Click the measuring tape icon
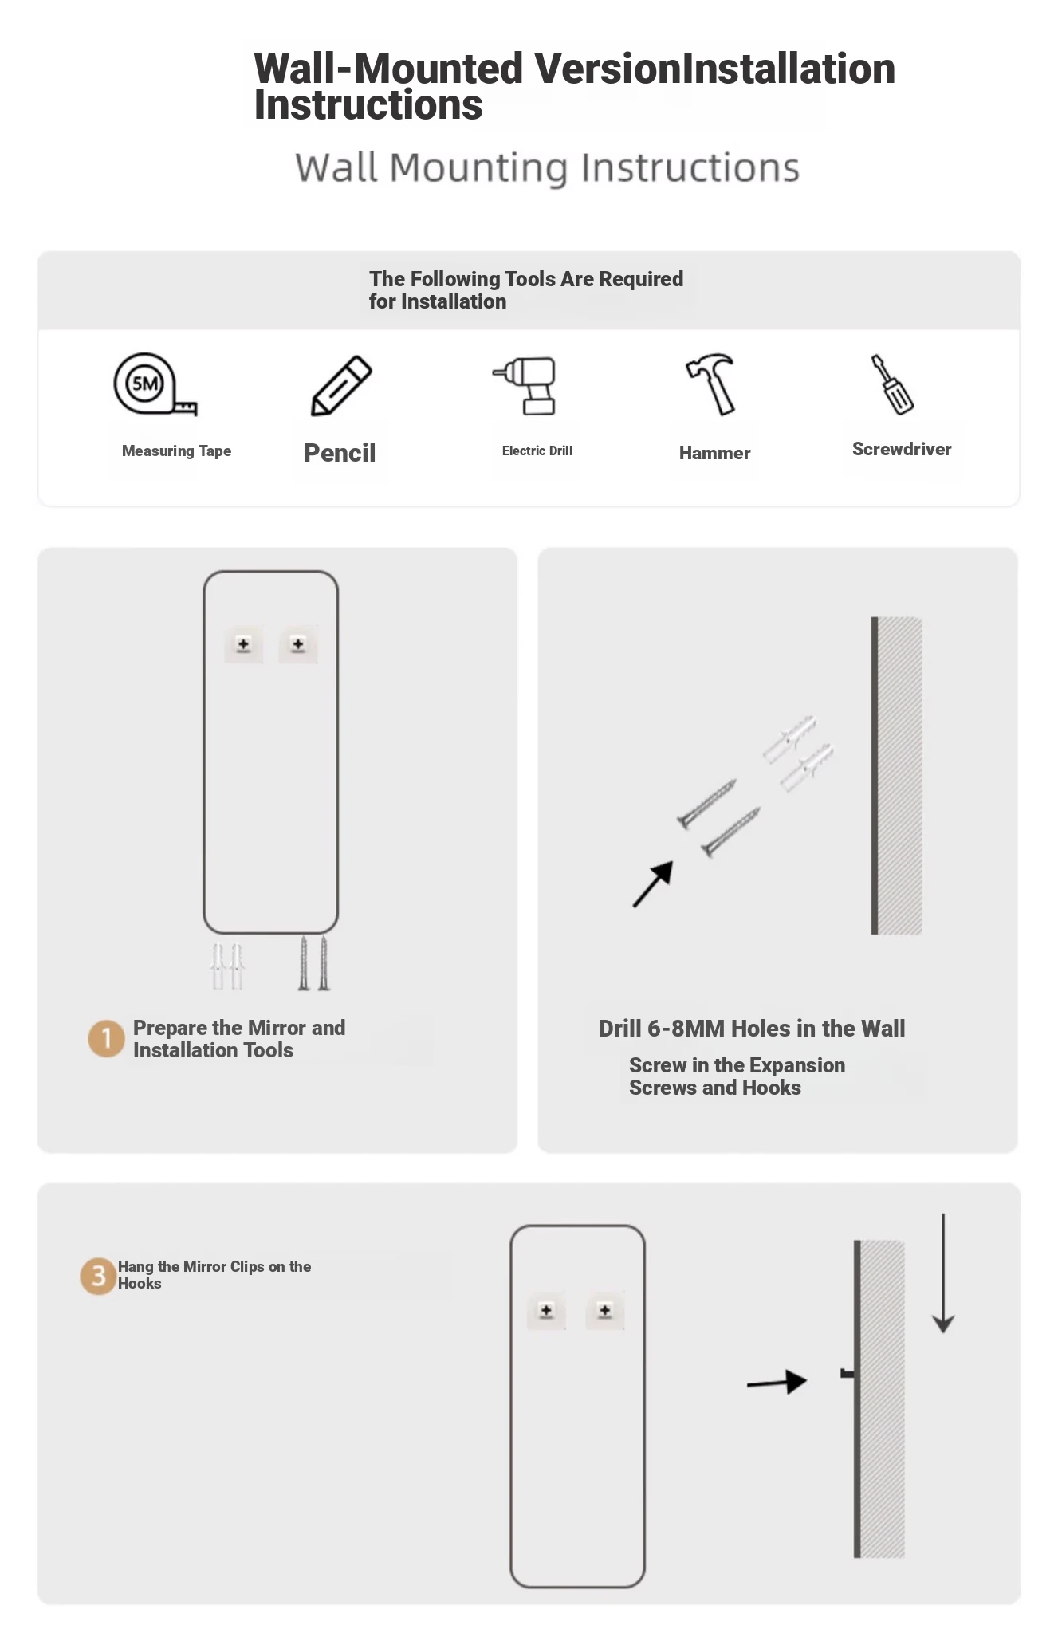click(x=154, y=385)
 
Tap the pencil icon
click(x=341, y=386)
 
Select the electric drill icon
click(x=525, y=386)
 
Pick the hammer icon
click(x=711, y=384)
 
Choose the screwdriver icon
click(x=892, y=384)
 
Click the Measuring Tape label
click(x=176, y=451)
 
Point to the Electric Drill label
click(x=537, y=451)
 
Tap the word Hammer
click(x=714, y=453)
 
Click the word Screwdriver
click(x=902, y=449)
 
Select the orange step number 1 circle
click(x=106, y=1038)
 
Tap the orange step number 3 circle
click(x=98, y=1277)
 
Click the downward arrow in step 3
click(x=943, y=1273)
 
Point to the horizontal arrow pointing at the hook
click(x=777, y=1383)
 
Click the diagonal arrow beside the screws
click(x=653, y=884)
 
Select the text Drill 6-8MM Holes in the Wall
click(x=752, y=1029)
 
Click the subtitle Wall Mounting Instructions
click(x=547, y=168)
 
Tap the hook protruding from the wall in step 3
click(x=848, y=1373)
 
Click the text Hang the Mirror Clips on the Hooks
click(x=214, y=1274)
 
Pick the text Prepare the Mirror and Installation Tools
click(x=239, y=1039)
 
